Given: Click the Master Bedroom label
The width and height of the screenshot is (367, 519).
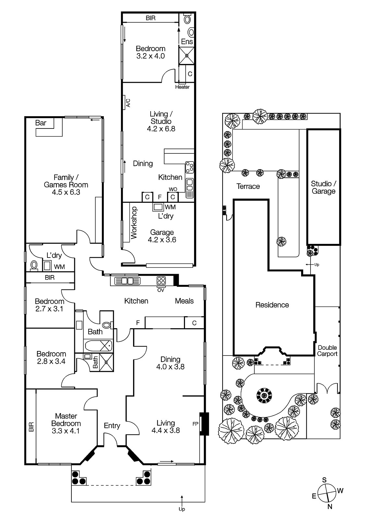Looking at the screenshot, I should (66, 420).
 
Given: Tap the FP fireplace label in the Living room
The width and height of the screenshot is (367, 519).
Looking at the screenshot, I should (195, 424).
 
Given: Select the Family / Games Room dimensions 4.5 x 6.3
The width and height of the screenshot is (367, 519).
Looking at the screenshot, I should (66, 192).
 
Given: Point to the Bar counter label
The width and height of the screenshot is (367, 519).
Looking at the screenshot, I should (41, 123).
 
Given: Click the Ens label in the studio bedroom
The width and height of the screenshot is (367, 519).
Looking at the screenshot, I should (187, 42).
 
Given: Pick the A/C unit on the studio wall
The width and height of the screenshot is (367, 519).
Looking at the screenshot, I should (124, 101).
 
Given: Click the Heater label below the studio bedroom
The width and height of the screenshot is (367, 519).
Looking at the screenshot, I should (182, 87).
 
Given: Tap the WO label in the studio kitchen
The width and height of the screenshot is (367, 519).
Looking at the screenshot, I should (173, 189).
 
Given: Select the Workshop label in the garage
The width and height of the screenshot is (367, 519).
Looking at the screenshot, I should (134, 223).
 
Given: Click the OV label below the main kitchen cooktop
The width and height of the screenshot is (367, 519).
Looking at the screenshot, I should (161, 290).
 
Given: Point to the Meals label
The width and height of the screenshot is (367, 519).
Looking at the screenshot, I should (184, 301).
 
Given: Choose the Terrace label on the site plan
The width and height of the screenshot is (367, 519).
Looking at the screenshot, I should (248, 186).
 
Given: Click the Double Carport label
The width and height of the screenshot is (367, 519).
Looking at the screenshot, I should (327, 351).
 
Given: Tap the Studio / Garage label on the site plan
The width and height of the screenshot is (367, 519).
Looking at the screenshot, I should (324, 187).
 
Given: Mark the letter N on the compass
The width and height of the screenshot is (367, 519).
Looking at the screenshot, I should (330, 507).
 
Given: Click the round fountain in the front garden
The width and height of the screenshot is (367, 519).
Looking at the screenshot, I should (264, 395).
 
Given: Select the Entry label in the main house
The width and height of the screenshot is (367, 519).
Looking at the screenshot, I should (112, 426).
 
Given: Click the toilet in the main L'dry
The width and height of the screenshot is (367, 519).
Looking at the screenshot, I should (34, 266).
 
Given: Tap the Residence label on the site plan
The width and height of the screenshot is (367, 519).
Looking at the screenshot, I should (272, 305).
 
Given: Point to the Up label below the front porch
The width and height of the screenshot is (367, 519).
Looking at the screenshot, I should (182, 509).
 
